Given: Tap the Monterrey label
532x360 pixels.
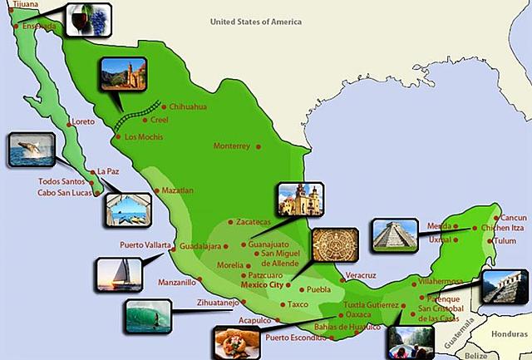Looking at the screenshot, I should pyautogui.click(x=232, y=146).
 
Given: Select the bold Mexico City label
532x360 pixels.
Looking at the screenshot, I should pyautogui.click(x=262, y=284).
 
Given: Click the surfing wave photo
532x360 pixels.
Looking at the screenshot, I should pyautogui.click(x=147, y=315).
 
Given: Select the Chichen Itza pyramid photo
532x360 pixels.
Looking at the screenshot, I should pyautogui.click(x=393, y=235).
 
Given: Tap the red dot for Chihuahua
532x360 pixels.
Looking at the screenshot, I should pyautogui.click(x=164, y=107).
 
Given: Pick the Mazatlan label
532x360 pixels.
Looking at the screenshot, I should pyautogui.click(x=176, y=190).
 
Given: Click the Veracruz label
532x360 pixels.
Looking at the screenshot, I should pyautogui.click(x=362, y=274).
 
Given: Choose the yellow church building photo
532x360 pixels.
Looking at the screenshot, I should pyautogui.click(x=299, y=200).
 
